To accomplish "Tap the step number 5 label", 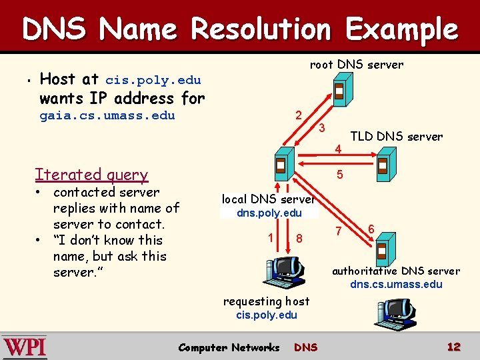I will tap(340, 175).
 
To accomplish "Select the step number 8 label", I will tap(300, 238).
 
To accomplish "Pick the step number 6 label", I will tap(371, 228).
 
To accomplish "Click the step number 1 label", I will tap(270, 236).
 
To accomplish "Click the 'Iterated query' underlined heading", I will tap(91, 175).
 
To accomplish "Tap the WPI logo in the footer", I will tap(25, 347).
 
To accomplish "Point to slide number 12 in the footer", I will tap(454, 347).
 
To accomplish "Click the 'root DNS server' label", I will tap(357, 65).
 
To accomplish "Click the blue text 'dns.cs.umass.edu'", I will tap(396, 285).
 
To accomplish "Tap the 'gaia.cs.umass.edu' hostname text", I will tap(107, 115).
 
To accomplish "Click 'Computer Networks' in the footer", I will tap(229, 347).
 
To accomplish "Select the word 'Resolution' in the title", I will tap(261, 30).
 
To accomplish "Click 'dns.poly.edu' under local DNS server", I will tap(269, 213).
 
